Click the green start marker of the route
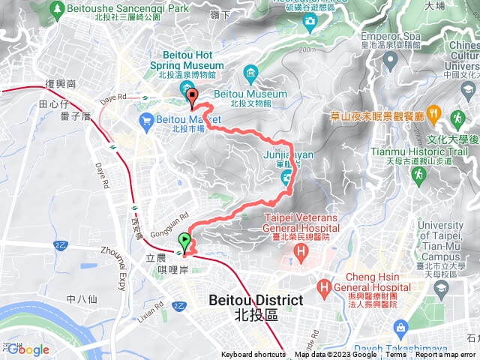click(x=184, y=241)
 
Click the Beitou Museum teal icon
click(x=250, y=73)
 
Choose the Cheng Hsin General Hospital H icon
click(x=324, y=286)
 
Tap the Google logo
click(x=28, y=349)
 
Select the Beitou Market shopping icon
click(x=146, y=119)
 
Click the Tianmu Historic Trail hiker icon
click(x=457, y=118)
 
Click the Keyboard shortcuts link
click(x=253, y=355)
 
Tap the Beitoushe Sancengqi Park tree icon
click(x=55, y=8)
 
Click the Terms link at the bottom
click(x=391, y=355)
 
